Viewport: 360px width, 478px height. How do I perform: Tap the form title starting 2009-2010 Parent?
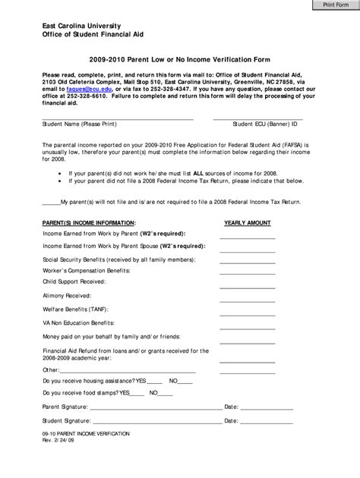(179, 58)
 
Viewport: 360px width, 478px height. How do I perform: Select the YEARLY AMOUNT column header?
(248, 223)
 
